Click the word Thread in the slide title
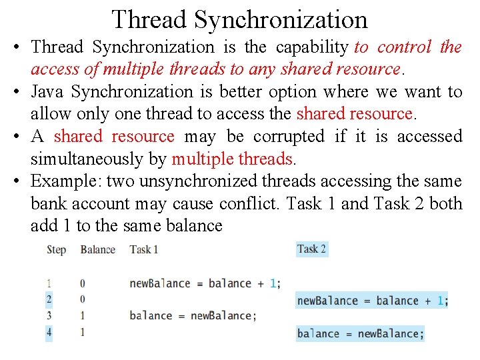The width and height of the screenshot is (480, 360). tap(149, 19)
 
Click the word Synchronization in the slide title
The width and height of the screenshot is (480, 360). tap(281, 19)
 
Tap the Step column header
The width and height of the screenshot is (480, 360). tap(57, 250)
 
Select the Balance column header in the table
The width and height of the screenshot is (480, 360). tap(97, 250)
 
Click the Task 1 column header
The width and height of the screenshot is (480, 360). tap(144, 250)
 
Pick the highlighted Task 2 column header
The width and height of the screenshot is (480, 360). tap(312, 249)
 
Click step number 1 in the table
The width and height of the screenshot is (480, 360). tap(49, 283)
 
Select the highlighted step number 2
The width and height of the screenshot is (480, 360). tap(49, 299)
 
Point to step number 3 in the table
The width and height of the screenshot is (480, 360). tap(49, 315)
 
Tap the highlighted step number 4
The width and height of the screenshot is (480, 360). tap(49, 331)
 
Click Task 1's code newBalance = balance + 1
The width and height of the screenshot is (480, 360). tap(205, 283)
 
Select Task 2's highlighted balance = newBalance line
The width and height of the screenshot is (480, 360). tap(361, 333)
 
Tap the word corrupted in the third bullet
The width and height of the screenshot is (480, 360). tap(289, 136)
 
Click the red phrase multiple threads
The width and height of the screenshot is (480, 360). tap(232, 159)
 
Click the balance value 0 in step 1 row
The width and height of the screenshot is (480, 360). tap(83, 283)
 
